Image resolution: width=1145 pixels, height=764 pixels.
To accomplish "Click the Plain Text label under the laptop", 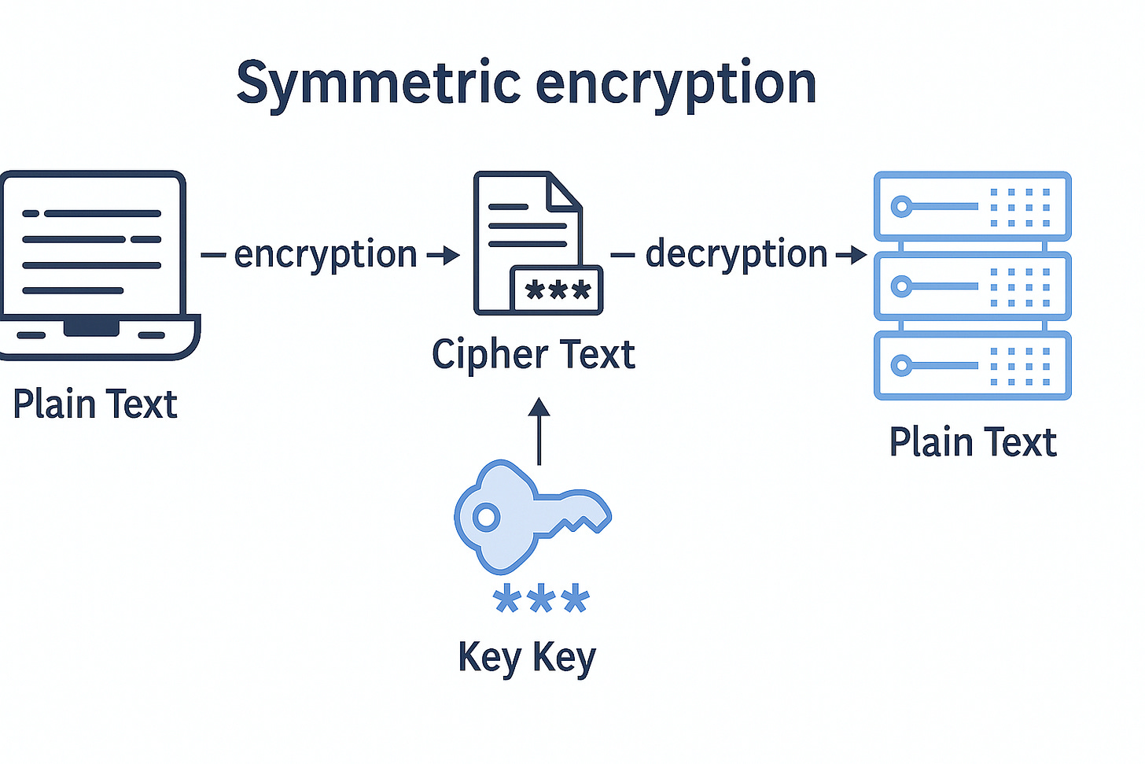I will (95, 404).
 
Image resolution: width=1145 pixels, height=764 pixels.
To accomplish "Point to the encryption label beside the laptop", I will (325, 255).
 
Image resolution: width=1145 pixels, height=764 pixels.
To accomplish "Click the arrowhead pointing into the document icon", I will (451, 255).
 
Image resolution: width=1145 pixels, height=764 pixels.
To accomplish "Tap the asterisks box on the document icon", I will (557, 290).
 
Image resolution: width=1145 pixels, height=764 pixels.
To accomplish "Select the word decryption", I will (736, 255).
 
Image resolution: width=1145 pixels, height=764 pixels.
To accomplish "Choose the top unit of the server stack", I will (972, 206).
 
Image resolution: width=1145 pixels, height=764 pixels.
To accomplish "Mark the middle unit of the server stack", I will (972, 286).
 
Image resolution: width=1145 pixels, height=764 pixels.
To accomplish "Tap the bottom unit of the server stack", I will (972, 366).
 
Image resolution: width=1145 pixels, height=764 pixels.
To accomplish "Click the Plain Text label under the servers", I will (972, 442).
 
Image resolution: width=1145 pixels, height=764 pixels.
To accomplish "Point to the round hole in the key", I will (486, 518).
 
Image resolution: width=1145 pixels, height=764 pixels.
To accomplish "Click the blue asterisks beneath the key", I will (540, 600).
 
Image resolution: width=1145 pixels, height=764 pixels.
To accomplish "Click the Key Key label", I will (526, 657).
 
